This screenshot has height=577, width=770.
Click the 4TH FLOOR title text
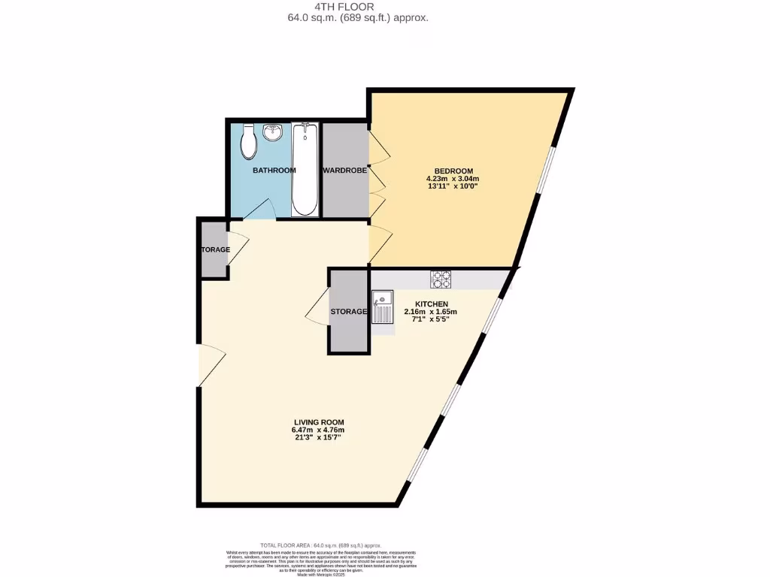[x=384, y=7]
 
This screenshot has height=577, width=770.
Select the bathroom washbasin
[x=273, y=134]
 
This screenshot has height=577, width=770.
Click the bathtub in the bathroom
[x=305, y=169]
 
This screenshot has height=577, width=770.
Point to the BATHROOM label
[x=274, y=171]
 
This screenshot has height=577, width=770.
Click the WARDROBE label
[x=345, y=171]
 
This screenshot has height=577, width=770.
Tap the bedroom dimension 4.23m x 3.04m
[x=452, y=179]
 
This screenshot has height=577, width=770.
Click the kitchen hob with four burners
[x=441, y=279]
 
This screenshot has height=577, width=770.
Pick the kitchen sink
[x=383, y=308]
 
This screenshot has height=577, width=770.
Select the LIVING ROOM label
[x=319, y=421]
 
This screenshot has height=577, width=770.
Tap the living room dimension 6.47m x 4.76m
[x=319, y=430]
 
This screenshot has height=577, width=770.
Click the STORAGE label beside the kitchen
[x=349, y=311]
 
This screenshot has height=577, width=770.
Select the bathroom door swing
[x=259, y=210]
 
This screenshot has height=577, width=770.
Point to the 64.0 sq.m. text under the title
[x=384, y=18]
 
